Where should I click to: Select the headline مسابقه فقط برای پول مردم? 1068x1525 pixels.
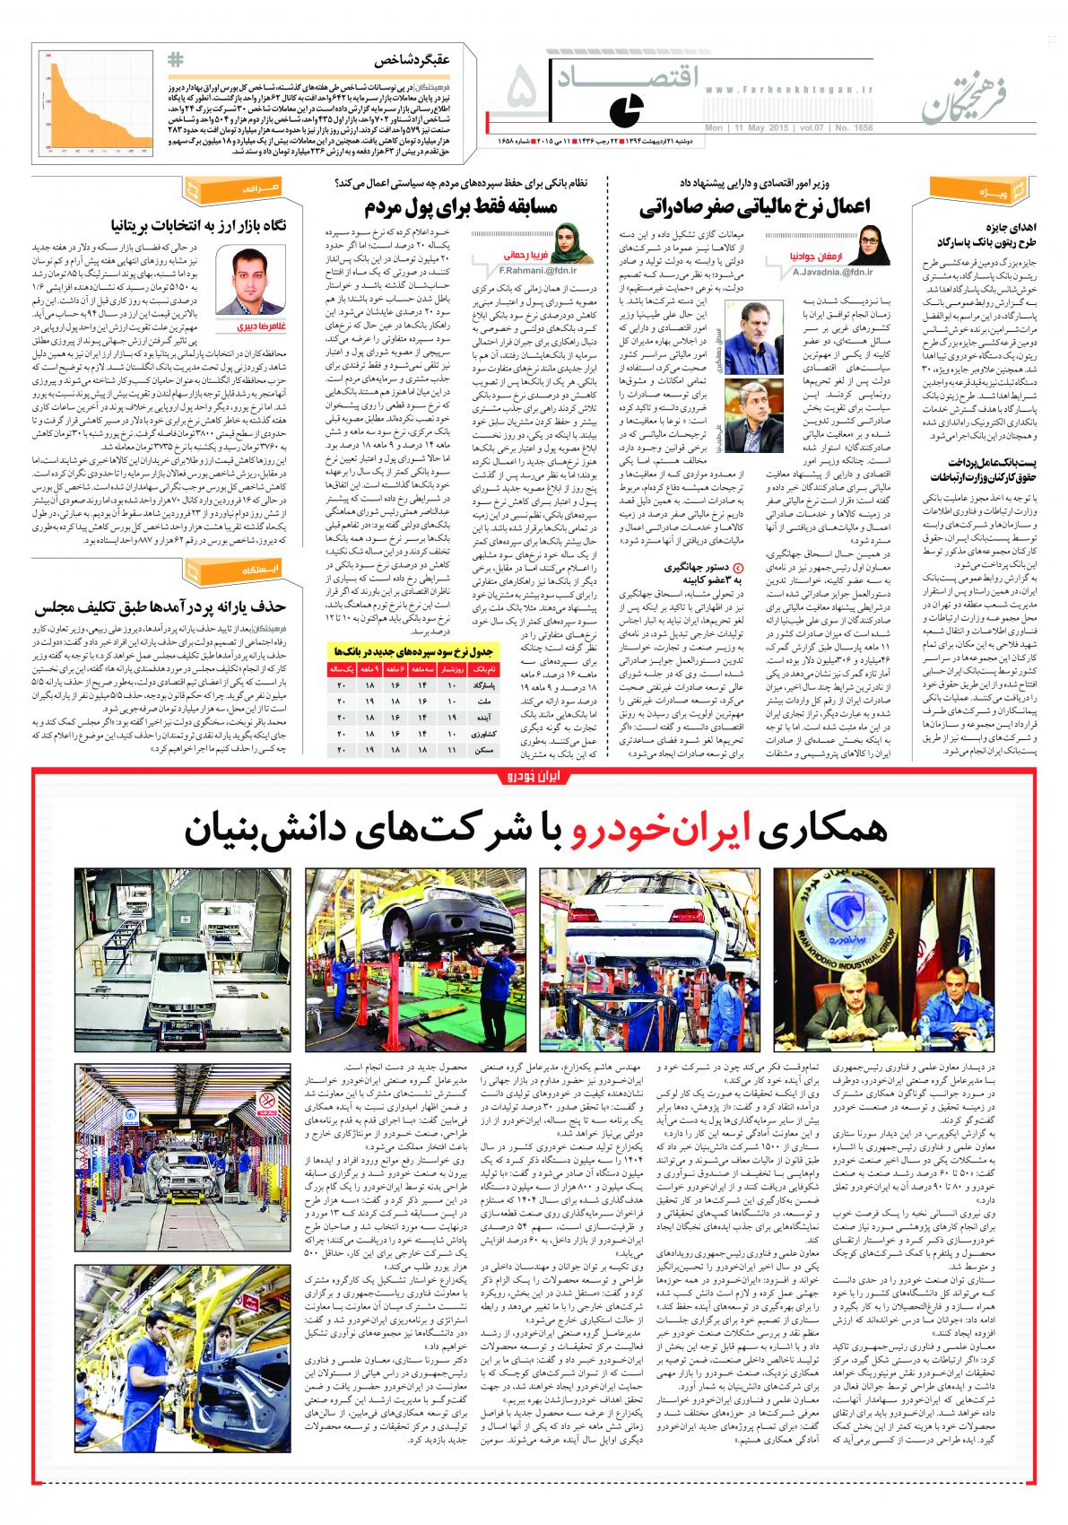coord(461,209)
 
